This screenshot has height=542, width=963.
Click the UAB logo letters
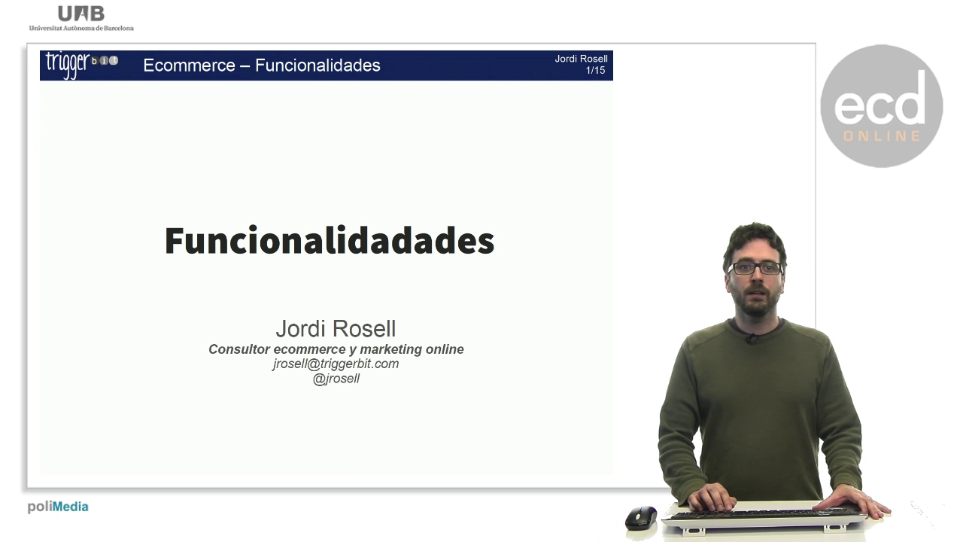(81, 14)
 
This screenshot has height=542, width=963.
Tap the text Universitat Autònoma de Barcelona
(81, 28)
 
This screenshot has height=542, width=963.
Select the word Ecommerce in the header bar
(189, 65)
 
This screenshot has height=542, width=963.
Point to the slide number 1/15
(595, 70)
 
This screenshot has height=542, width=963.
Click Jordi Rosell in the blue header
(581, 59)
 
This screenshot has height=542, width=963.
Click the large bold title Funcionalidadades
(330, 241)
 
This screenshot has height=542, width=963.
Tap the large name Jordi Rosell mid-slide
(336, 329)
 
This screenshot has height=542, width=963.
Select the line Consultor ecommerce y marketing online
(336, 349)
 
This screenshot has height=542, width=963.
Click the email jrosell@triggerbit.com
(336, 364)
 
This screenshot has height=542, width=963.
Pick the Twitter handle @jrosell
(336, 379)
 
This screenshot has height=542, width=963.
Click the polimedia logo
(58, 507)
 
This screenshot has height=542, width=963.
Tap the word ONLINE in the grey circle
(882, 136)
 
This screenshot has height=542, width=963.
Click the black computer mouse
(641, 517)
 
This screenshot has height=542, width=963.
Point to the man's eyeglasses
(755, 269)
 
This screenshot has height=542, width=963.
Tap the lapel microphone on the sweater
(752, 339)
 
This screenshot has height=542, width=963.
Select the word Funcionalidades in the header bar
(317, 65)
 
